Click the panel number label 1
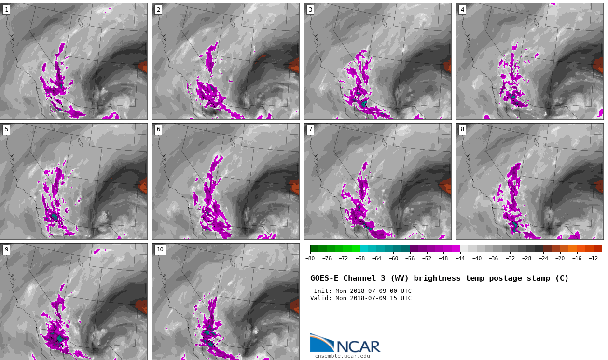click(x=6, y=10)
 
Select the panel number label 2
click(x=158, y=10)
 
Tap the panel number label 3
click(x=310, y=10)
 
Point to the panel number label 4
click(x=462, y=10)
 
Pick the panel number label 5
click(x=6, y=129)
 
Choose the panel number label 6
click(x=158, y=129)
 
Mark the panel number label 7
click(x=310, y=129)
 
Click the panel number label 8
click(x=462, y=129)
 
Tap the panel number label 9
click(x=6, y=249)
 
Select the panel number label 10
click(x=160, y=249)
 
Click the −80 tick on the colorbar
click(x=310, y=258)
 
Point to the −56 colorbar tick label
click(x=410, y=258)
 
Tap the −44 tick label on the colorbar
click(x=460, y=258)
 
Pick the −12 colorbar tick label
click(x=593, y=258)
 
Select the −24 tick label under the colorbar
click(x=543, y=258)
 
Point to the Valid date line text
click(x=360, y=298)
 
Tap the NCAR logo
click(x=345, y=344)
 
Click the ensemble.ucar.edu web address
click(x=342, y=356)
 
